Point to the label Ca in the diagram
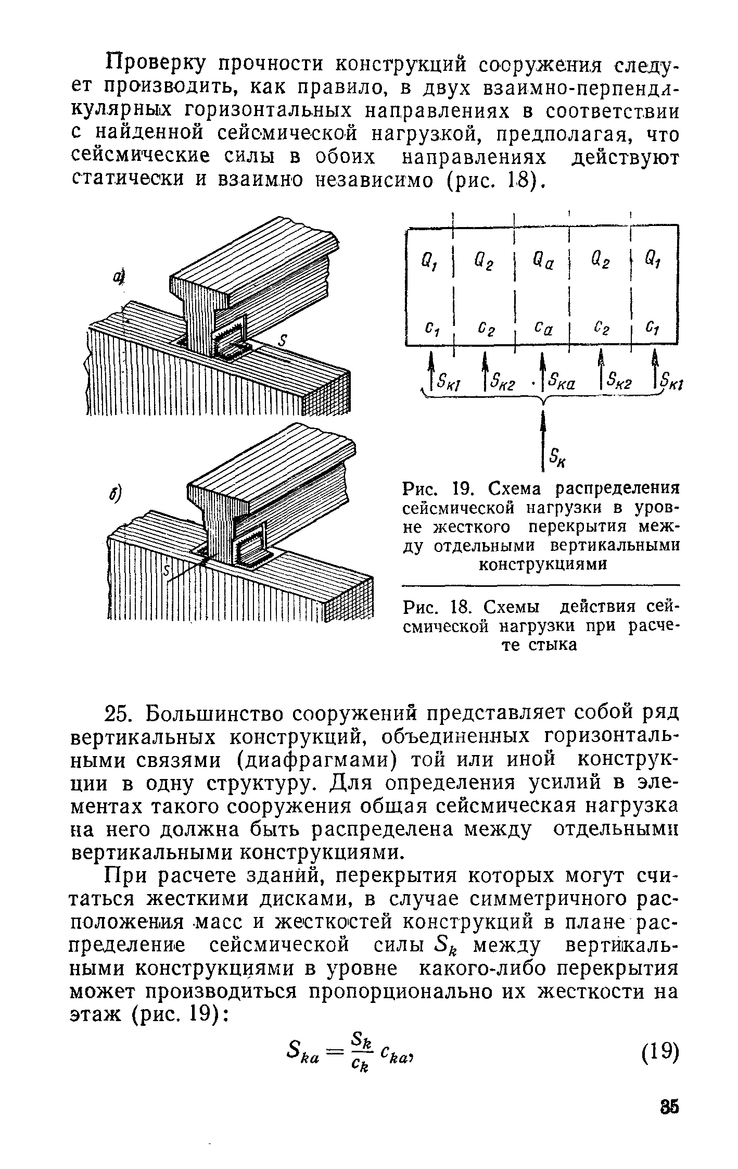pos(541,330)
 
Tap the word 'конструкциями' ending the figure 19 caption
pos(542,564)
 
